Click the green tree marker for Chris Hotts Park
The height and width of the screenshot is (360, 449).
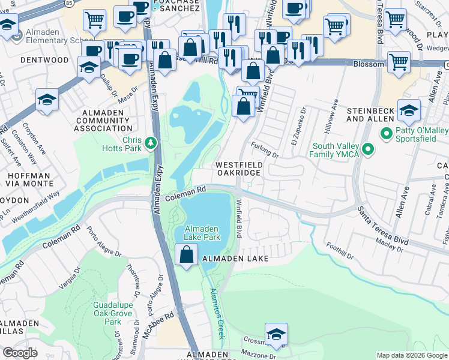151,143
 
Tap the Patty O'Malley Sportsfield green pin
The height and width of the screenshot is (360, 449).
387,133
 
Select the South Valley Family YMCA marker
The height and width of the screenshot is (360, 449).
369,149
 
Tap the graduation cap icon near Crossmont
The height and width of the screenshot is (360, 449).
276,334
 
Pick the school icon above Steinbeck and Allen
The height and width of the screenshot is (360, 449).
409,110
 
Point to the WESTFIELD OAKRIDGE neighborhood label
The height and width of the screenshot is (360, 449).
238,168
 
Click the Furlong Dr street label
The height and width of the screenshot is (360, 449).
266,152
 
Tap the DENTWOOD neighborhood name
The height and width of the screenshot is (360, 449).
44,60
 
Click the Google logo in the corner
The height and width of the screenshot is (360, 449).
20,353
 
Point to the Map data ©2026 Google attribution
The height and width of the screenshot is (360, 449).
411,355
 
